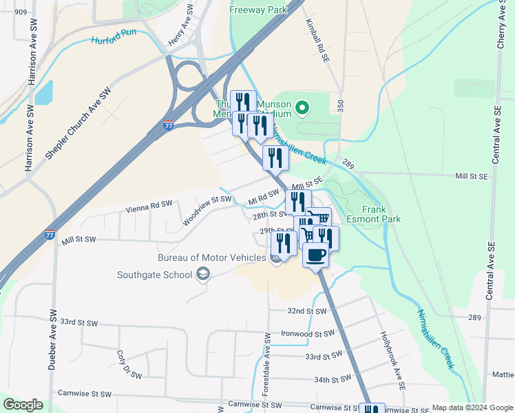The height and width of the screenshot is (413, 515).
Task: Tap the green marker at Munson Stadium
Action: pyautogui.click(x=302, y=107)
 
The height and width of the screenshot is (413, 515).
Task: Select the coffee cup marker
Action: pyautogui.click(x=316, y=255)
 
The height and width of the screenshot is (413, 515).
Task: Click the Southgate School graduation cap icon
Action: pyautogui.click(x=202, y=275)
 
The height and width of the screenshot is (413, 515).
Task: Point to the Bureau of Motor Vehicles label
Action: pyautogui.click(x=211, y=257)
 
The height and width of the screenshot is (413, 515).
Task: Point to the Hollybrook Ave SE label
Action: pyautogui.click(x=390, y=356)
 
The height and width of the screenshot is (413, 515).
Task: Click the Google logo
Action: pyautogui.click(x=23, y=405)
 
